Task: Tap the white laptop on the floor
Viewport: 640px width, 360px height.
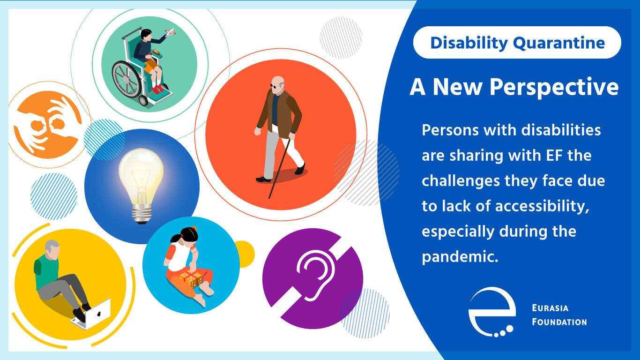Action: (x=91, y=315)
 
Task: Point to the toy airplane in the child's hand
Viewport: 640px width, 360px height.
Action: (x=170, y=32)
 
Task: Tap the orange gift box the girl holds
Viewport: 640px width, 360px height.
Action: (x=192, y=279)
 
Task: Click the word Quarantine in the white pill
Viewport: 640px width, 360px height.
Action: (x=559, y=43)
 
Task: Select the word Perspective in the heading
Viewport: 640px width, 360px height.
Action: (x=554, y=88)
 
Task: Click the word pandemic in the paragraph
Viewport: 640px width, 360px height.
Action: (x=460, y=256)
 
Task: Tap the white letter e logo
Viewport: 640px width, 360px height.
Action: (x=492, y=312)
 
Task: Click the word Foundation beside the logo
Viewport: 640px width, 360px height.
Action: (x=559, y=322)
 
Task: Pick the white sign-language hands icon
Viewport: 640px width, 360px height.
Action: (x=47, y=124)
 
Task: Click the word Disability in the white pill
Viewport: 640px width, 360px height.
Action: (x=469, y=43)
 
